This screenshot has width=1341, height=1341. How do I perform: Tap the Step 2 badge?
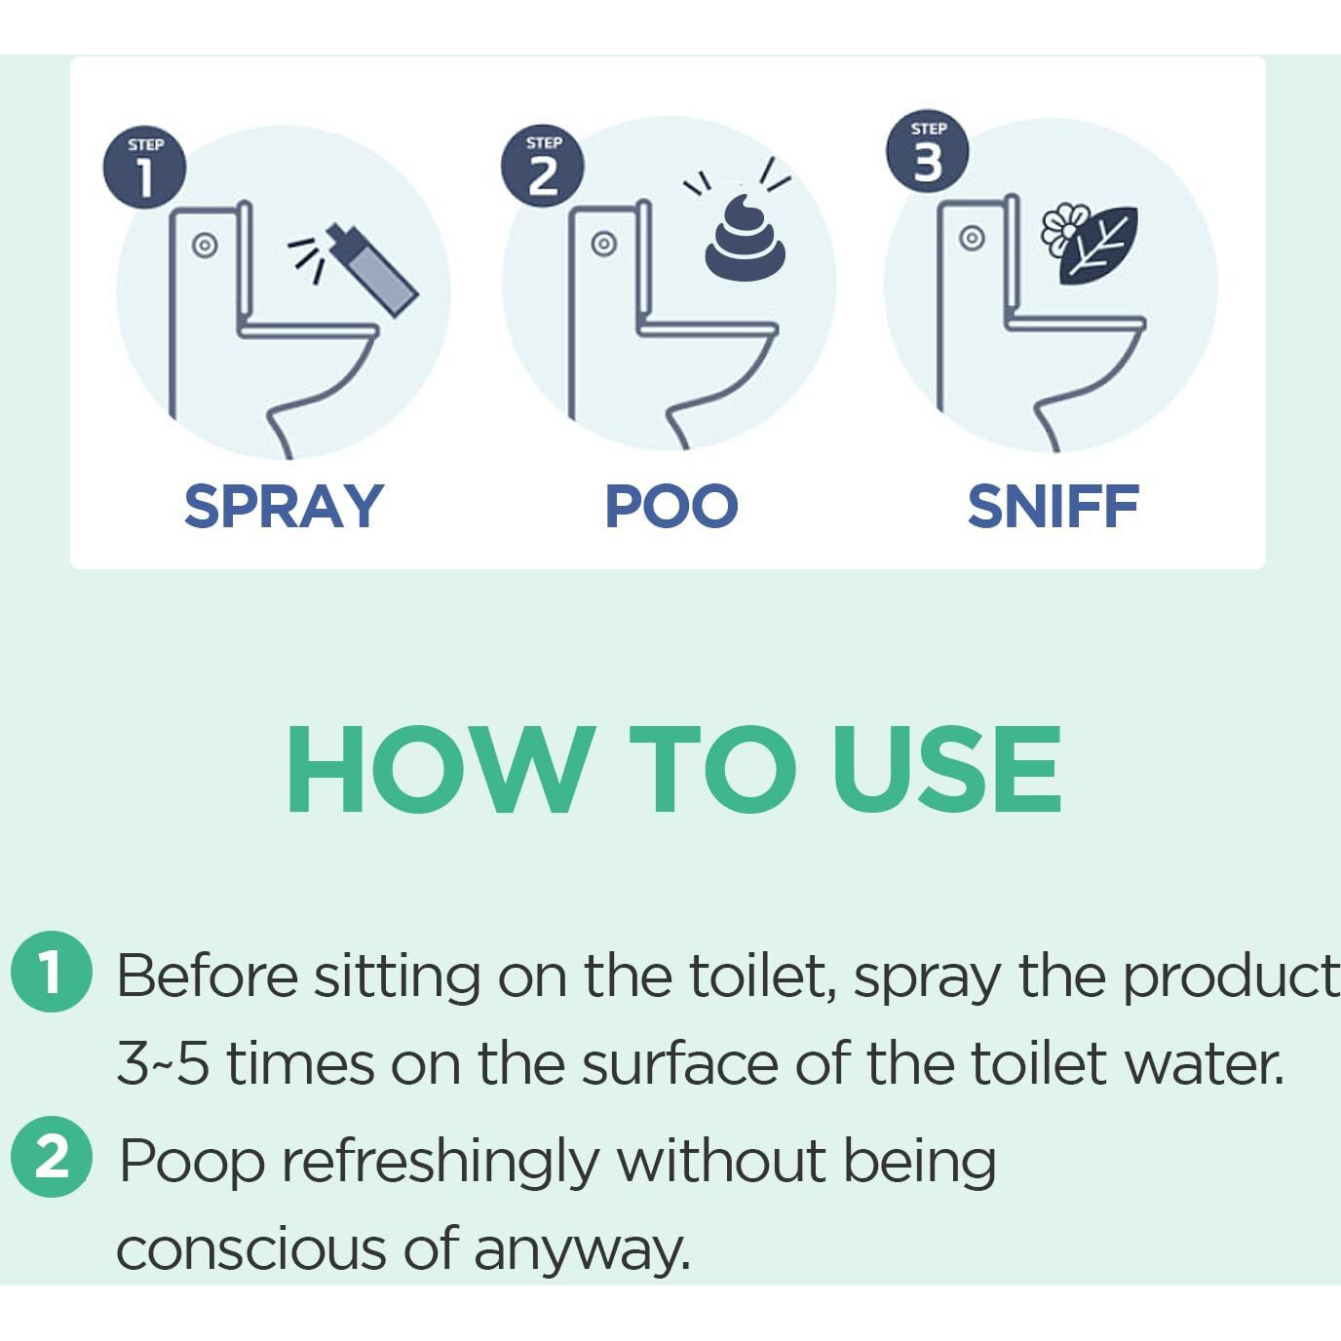[542, 167]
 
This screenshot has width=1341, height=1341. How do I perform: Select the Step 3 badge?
[927, 151]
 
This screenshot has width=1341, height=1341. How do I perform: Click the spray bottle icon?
[374, 271]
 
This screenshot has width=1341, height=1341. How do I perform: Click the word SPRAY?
[284, 507]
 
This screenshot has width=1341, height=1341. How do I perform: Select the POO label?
[670, 507]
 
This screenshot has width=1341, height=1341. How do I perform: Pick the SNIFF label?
[1053, 507]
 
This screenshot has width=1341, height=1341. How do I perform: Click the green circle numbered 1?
[51, 973]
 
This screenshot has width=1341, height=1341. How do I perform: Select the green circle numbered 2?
[51, 1158]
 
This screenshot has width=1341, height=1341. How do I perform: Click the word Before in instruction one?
[207, 975]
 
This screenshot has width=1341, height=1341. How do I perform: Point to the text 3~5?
[162, 1063]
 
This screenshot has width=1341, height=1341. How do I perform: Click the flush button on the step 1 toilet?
[204, 245]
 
